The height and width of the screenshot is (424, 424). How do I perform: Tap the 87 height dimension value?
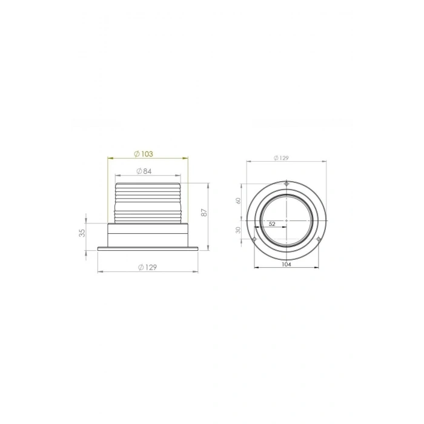coord(204,213)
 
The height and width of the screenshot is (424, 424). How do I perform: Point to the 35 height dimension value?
coord(82,233)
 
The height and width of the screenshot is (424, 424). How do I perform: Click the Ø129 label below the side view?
coord(148,267)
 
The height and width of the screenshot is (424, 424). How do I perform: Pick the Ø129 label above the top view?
coord(281,158)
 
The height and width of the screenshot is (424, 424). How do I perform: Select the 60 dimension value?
coord(239,200)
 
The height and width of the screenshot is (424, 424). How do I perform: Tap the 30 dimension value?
coord(239,230)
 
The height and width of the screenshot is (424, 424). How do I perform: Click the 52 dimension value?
coord(271,224)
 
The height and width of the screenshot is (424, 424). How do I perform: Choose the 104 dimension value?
coord(287,265)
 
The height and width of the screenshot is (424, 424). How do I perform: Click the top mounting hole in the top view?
coord(287,184)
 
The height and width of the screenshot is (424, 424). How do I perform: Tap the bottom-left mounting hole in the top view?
coord(254,240)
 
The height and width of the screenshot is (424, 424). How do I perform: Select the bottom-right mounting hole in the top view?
coord(319,240)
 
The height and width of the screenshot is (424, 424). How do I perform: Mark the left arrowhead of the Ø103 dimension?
coord(110,159)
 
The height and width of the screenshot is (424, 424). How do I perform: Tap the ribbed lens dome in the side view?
coord(148,202)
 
